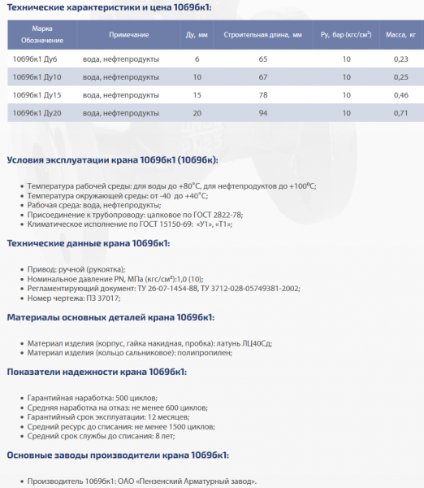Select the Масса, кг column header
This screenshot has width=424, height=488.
(x=400, y=35)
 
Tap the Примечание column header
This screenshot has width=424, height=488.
(x=128, y=35)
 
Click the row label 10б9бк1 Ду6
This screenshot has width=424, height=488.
(x=34, y=59)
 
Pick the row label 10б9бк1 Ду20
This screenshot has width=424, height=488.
(x=37, y=112)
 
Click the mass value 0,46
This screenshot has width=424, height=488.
(x=400, y=94)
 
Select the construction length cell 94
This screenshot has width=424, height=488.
(x=262, y=112)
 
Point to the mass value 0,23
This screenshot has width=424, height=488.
(x=400, y=59)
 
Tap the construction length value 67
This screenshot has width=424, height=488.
(x=262, y=76)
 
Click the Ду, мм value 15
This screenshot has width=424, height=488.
(x=197, y=94)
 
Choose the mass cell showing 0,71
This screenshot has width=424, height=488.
(x=400, y=112)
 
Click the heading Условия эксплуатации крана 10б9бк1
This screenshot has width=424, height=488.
(x=112, y=159)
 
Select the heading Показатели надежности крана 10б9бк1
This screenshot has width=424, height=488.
(x=97, y=372)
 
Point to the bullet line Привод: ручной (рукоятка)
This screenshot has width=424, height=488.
(x=76, y=268)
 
